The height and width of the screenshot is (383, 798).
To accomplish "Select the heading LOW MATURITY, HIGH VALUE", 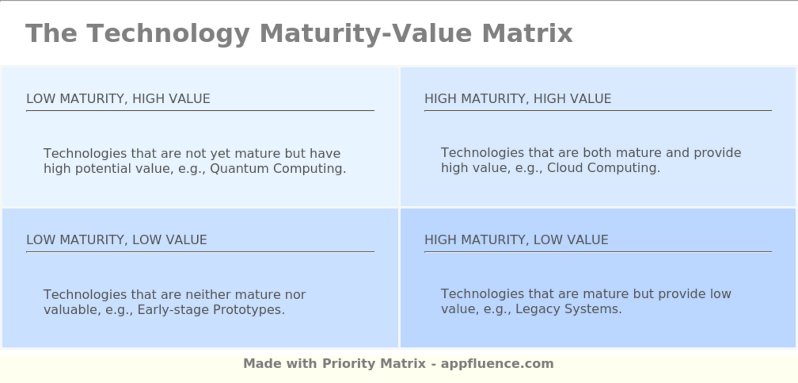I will click(x=118, y=99).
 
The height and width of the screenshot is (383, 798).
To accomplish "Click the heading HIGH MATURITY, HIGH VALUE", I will click(x=518, y=99).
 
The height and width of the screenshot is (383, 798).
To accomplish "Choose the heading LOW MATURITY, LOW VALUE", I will click(x=116, y=240).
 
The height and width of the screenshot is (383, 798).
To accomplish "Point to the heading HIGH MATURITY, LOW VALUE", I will click(x=516, y=240).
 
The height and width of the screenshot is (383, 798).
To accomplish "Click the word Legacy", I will click(x=535, y=309).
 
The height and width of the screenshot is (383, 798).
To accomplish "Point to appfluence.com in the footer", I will click(x=497, y=364).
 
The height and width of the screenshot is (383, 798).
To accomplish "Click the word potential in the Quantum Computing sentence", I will click(x=102, y=169).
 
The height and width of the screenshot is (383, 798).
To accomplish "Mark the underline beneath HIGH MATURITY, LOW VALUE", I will click(x=598, y=252).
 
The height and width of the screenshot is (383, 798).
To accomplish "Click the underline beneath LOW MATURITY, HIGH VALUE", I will click(x=200, y=111).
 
